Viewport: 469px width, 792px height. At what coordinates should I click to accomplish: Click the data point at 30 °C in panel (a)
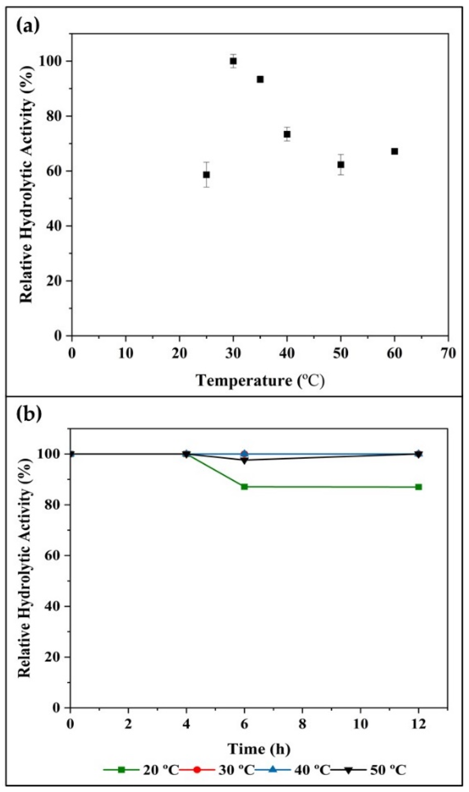[x=233, y=61]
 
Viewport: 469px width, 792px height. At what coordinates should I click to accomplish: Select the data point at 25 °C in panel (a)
[x=206, y=175]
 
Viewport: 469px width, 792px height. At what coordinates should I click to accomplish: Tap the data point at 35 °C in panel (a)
[x=260, y=79]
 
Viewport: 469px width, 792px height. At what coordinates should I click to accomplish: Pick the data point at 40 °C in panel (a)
[x=287, y=134]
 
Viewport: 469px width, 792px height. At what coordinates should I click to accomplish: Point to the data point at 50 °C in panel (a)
[x=341, y=164]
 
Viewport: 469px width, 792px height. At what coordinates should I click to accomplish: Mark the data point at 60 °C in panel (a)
[x=395, y=151]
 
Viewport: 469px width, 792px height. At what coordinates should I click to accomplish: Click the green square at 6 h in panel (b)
[x=244, y=487]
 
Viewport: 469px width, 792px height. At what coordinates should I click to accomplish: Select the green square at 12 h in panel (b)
[x=419, y=487]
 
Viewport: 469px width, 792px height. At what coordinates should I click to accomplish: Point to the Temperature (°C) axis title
[x=260, y=381]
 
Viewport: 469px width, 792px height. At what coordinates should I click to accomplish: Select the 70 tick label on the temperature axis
[x=448, y=353]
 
